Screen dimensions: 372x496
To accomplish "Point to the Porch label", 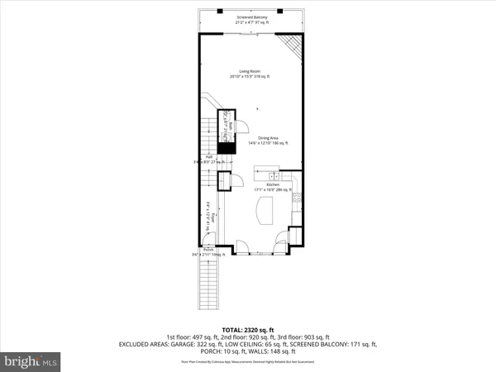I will [x=209, y=250].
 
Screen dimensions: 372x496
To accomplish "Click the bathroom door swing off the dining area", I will [x=244, y=126].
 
